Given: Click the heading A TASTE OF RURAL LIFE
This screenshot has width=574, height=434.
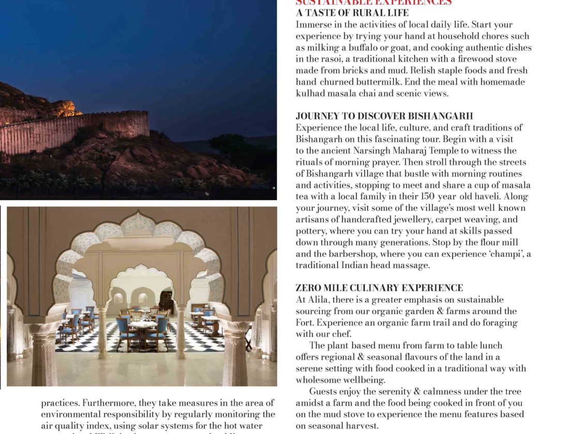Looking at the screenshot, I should (x=352, y=13).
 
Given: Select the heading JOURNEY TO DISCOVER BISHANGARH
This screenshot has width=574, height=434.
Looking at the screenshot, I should (x=384, y=116).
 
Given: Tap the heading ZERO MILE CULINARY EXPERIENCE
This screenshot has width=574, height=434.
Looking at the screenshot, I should (x=379, y=288).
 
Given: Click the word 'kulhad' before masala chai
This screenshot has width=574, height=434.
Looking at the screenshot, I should (x=311, y=94).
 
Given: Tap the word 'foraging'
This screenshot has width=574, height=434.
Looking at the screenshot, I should (x=497, y=322).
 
